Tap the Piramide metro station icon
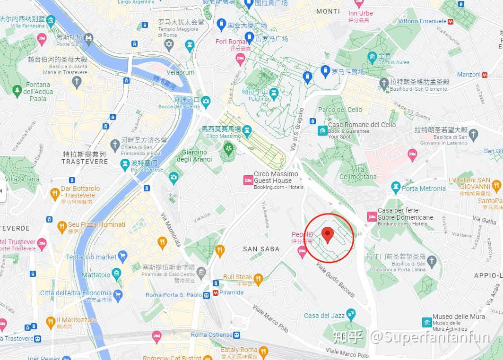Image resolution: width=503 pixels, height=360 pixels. coord(216,293)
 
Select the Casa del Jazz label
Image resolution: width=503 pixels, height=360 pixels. coord(324,316)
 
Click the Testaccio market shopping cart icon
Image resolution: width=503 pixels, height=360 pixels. coord(123,257)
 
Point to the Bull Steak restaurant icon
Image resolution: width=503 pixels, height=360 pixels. coord(258,278)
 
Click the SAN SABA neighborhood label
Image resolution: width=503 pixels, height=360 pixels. coord(261,249)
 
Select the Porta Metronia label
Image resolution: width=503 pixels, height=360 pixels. coord(424,189)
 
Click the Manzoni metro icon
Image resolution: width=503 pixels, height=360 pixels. coord(485,75)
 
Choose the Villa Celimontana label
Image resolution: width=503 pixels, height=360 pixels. coord(364,173)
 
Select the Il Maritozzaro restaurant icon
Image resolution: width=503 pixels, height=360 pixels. coord(51,323)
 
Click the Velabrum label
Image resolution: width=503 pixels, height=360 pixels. coord(181,72)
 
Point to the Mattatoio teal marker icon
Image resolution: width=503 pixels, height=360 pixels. coord(117,274)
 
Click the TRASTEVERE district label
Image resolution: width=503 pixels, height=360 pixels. coord(85,161)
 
